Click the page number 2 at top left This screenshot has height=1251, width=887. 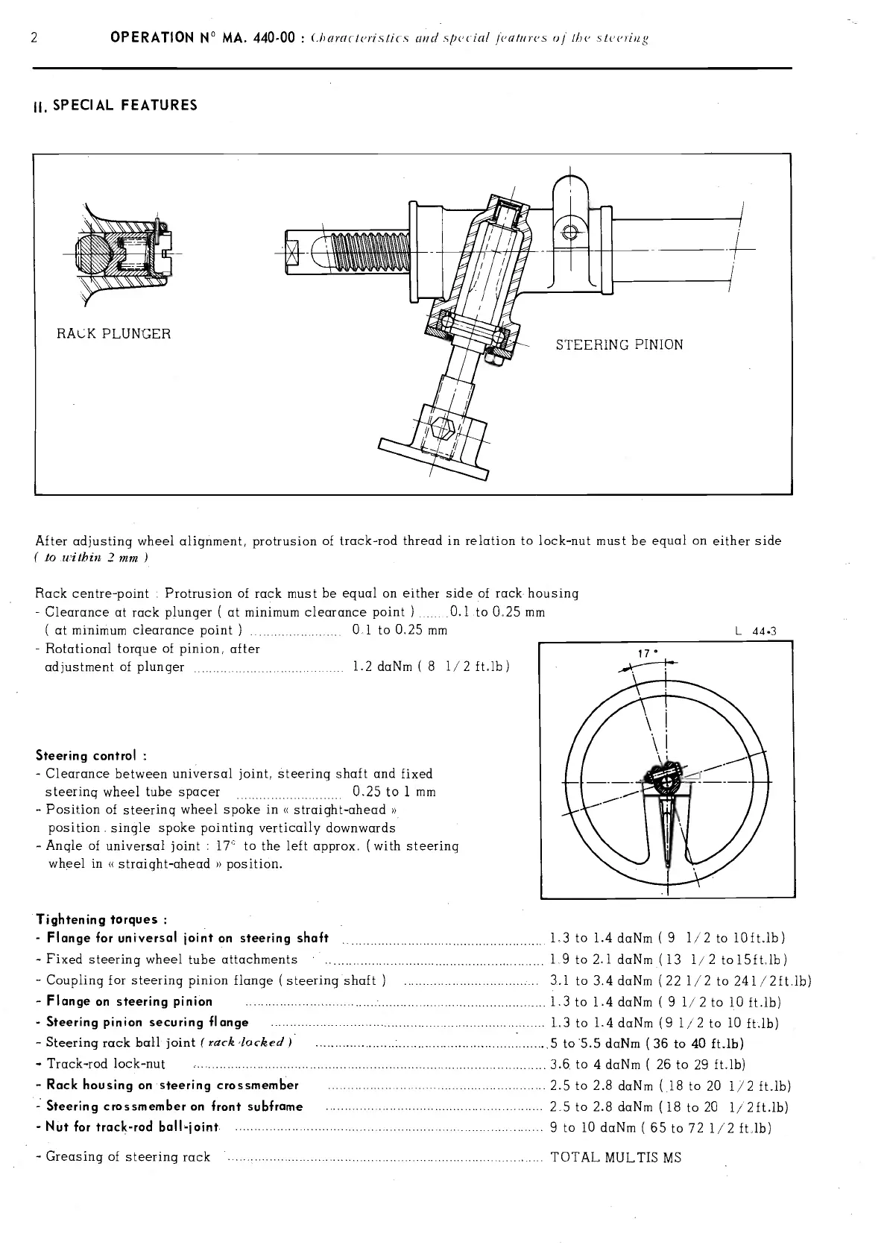point(35,38)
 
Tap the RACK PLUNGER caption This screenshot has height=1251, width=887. point(113,333)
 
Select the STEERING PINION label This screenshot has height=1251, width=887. point(619,344)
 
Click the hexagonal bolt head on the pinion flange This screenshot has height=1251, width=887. point(445,429)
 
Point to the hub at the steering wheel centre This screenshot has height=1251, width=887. point(666,780)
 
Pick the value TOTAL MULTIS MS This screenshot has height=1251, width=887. point(615,1157)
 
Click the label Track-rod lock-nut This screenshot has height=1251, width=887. point(106,1064)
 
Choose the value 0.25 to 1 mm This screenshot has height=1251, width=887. point(393,792)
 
